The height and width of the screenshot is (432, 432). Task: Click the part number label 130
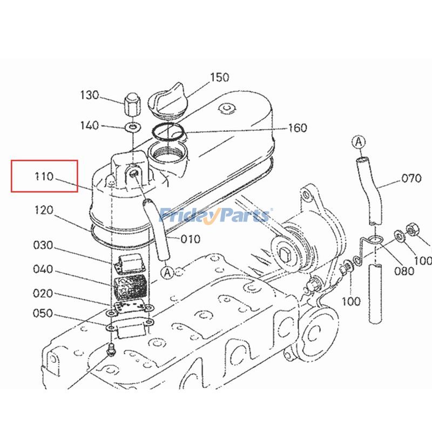tap(90, 96)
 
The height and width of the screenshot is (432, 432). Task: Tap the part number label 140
tap(90, 125)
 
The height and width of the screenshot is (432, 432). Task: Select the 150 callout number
tap(219, 78)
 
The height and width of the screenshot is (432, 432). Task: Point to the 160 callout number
tap(297, 128)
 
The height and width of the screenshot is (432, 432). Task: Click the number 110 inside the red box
tap(44, 176)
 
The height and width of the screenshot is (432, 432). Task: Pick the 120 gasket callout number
tap(44, 210)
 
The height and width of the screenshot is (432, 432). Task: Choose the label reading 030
tap(43, 245)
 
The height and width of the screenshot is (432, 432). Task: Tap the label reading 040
tap(43, 269)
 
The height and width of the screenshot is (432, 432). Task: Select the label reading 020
tap(43, 293)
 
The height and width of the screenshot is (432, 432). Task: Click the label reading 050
tap(43, 313)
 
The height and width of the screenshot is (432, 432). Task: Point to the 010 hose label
tap(190, 239)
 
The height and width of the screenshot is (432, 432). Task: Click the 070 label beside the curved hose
tap(410, 179)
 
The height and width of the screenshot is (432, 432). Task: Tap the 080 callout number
tap(404, 271)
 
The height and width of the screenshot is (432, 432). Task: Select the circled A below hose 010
tap(167, 272)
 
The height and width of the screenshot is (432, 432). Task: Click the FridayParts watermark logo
tap(216, 215)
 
